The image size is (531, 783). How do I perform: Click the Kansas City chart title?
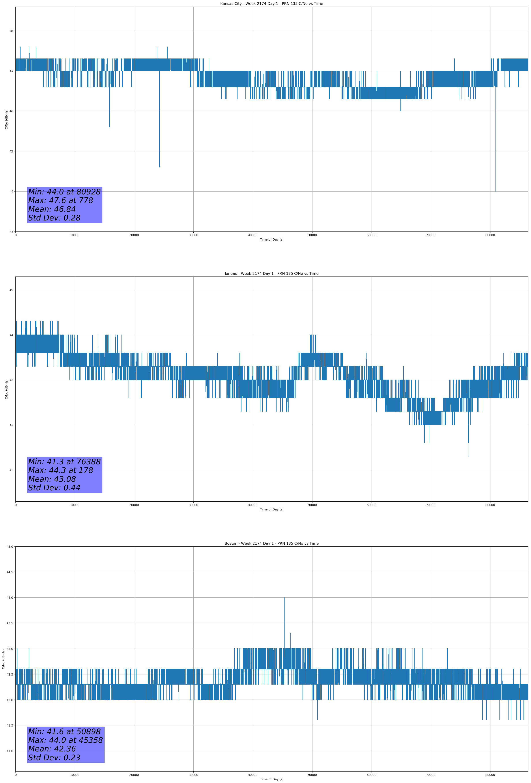(271, 4)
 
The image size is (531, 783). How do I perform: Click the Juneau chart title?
(271, 274)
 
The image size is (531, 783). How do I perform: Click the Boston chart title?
(271, 544)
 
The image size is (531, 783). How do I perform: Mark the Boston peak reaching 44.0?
(284, 598)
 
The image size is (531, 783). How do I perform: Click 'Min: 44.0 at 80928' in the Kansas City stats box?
(64, 192)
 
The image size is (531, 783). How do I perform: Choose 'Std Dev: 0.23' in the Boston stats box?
(54, 758)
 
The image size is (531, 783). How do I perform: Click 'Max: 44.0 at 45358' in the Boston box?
(65, 740)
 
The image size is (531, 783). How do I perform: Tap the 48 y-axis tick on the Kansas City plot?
(11, 31)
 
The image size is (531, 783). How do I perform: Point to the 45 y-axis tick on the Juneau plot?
(11, 290)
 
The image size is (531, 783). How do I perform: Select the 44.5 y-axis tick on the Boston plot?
(10, 572)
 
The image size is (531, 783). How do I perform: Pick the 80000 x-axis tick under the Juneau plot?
(490, 505)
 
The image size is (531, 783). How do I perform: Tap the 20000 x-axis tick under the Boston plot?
(134, 775)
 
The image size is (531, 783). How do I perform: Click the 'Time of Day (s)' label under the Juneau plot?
(271, 509)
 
